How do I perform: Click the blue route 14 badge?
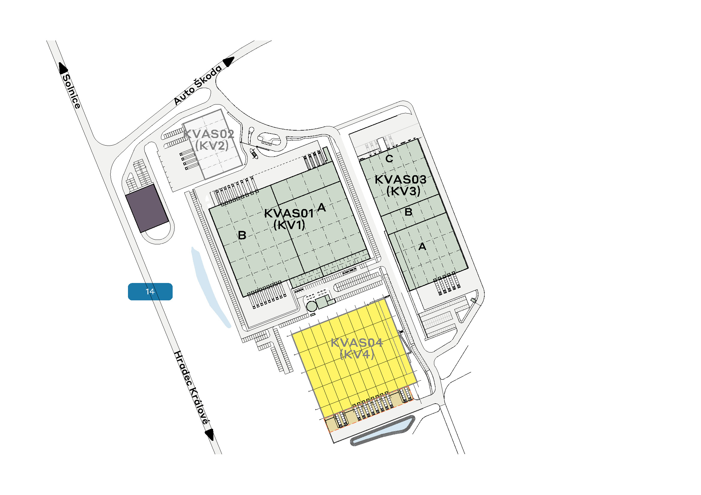point(150,292)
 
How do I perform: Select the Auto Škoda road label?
point(198,85)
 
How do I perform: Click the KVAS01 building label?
point(289,213)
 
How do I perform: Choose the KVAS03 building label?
point(401,179)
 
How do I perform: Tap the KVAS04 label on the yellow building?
point(357,343)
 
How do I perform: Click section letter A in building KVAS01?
point(321,208)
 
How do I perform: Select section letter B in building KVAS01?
point(242,235)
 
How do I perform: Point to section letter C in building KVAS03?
point(389,159)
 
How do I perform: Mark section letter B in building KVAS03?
point(408,212)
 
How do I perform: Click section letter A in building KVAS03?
point(422,246)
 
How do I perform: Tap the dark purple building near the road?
point(147,208)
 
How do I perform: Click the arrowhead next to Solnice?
point(63,68)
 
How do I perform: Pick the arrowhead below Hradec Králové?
point(210,434)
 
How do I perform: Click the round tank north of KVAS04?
point(312,306)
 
